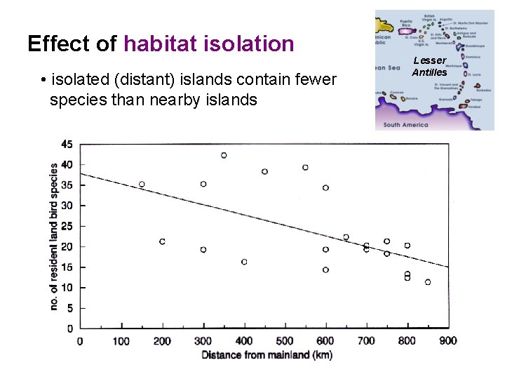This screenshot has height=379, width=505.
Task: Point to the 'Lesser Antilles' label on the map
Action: coord(429,67)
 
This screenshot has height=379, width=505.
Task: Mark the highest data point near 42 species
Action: coord(224,155)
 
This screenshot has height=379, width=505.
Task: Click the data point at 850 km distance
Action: coord(428,282)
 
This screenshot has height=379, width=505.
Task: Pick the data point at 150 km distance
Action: coord(142,185)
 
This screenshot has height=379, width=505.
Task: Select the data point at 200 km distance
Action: coord(162,241)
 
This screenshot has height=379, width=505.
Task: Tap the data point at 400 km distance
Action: coord(244,262)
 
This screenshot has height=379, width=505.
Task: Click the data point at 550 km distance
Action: coord(305,168)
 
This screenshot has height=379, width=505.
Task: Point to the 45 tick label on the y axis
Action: coord(66,144)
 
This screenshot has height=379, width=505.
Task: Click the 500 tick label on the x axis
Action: coord(285,341)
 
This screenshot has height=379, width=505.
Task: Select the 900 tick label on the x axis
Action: coord(448,341)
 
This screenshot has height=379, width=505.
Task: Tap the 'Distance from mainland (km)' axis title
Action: coord(267,355)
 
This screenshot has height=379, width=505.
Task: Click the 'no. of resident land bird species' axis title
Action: coord(54,237)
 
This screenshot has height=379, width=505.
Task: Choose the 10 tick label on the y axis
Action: coord(66,288)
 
